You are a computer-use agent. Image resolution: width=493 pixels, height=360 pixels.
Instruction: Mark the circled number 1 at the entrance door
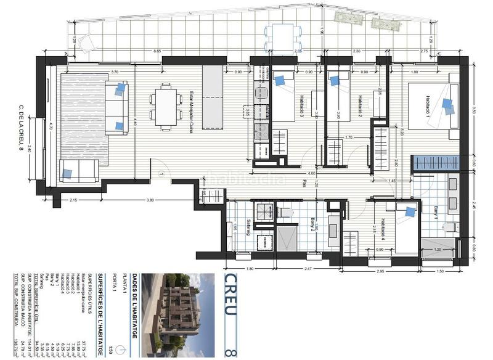[x=161, y=175]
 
